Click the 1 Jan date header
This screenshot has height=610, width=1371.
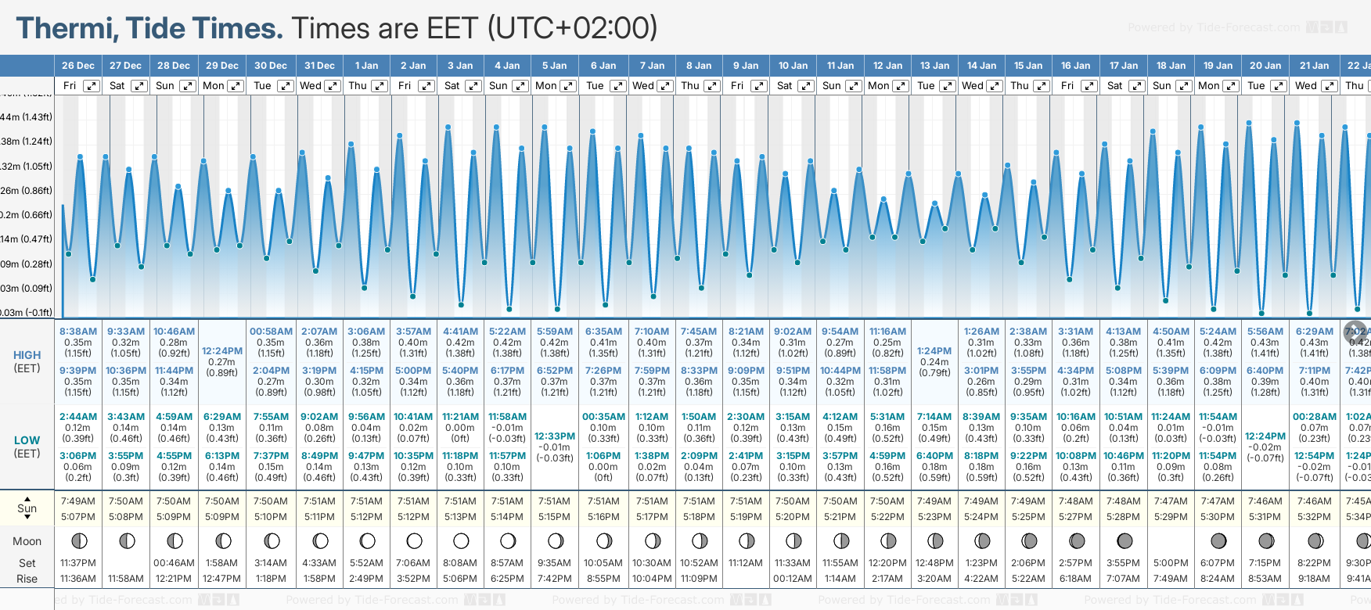point(366,66)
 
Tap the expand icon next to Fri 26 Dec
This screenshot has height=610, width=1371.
point(92,86)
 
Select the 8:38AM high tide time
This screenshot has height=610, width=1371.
point(78,332)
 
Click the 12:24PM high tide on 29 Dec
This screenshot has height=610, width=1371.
point(222,351)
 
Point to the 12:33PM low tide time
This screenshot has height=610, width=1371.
point(555,436)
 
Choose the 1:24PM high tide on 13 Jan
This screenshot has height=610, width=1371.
point(934,351)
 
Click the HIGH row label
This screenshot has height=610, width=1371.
point(27,355)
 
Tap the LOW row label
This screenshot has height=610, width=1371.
point(27,440)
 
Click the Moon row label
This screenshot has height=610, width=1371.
point(27,541)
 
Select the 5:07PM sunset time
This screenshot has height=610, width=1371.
point(78,517)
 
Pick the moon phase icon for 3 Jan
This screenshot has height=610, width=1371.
point(461,540)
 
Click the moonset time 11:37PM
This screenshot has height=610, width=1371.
point(78,563)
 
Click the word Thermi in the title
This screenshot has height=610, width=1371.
point(67,29)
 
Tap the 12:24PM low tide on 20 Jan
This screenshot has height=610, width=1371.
point(1265,436)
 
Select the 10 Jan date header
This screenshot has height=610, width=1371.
point(793,66)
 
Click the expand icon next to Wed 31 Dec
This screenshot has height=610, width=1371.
point(333,86)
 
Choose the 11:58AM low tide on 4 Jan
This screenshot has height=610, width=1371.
point(507,417)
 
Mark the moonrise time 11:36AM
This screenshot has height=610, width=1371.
point(78,579)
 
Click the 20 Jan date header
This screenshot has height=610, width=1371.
point(1265,66)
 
